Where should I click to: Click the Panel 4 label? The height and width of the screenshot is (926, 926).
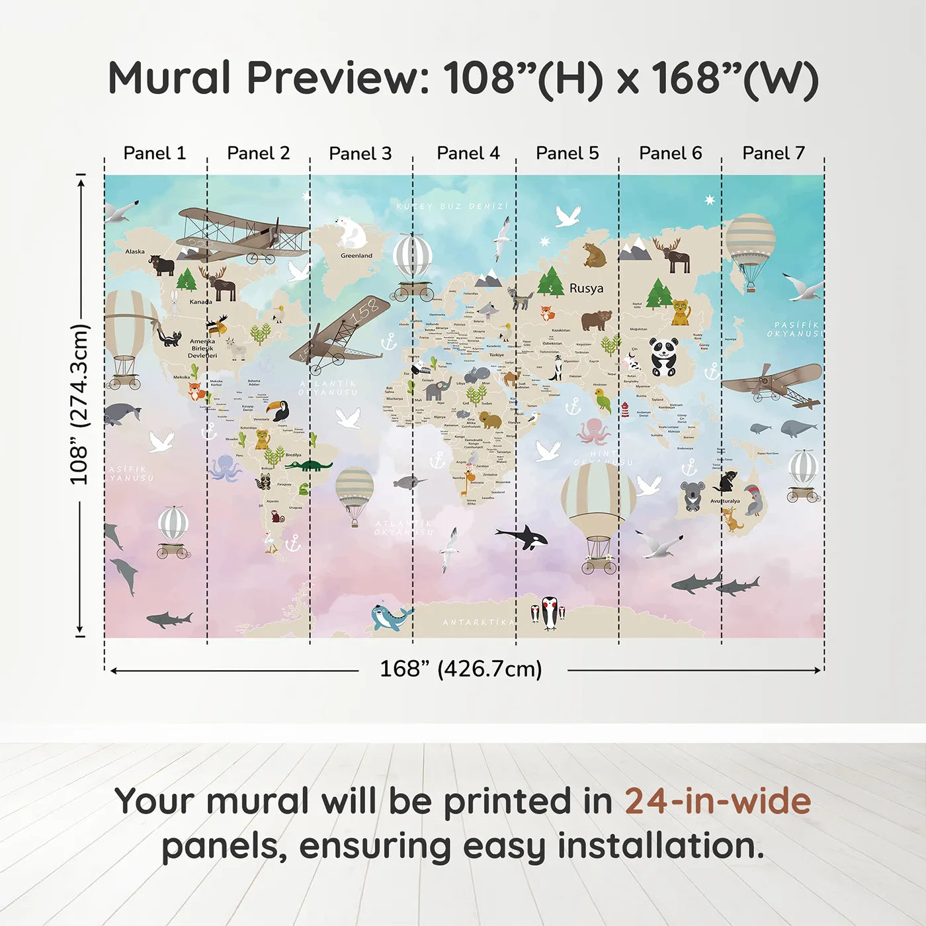[x=468, y=153]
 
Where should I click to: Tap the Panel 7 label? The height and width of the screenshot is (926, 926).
[x=773, y=153]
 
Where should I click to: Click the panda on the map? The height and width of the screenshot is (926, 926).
[x=663, y=357]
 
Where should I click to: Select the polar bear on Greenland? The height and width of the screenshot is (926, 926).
[x=351, y=233]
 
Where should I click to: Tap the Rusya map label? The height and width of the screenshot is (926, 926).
[x=586, y=288]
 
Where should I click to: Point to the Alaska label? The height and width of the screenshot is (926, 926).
[x=135, y=251]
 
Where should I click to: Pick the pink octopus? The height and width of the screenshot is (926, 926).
[x=593, y=431]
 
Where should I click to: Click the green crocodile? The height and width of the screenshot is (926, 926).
[x=308, y=466]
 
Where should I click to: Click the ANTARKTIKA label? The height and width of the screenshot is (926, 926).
[x=478, y=622]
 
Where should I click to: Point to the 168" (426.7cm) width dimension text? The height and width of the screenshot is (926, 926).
[x=461, y=669]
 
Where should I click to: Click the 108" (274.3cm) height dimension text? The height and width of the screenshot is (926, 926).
[x=79, y=404]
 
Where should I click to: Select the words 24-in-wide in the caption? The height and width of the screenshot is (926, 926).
[x=718, y=801]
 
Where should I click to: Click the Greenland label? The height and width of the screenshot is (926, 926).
[x=357, y=255]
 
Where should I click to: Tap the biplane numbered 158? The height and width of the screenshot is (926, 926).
[x=341, y=334]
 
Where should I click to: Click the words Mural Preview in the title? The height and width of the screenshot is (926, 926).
[x=269, y=78]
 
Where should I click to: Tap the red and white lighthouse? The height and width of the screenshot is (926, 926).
[x=625, y=410]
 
